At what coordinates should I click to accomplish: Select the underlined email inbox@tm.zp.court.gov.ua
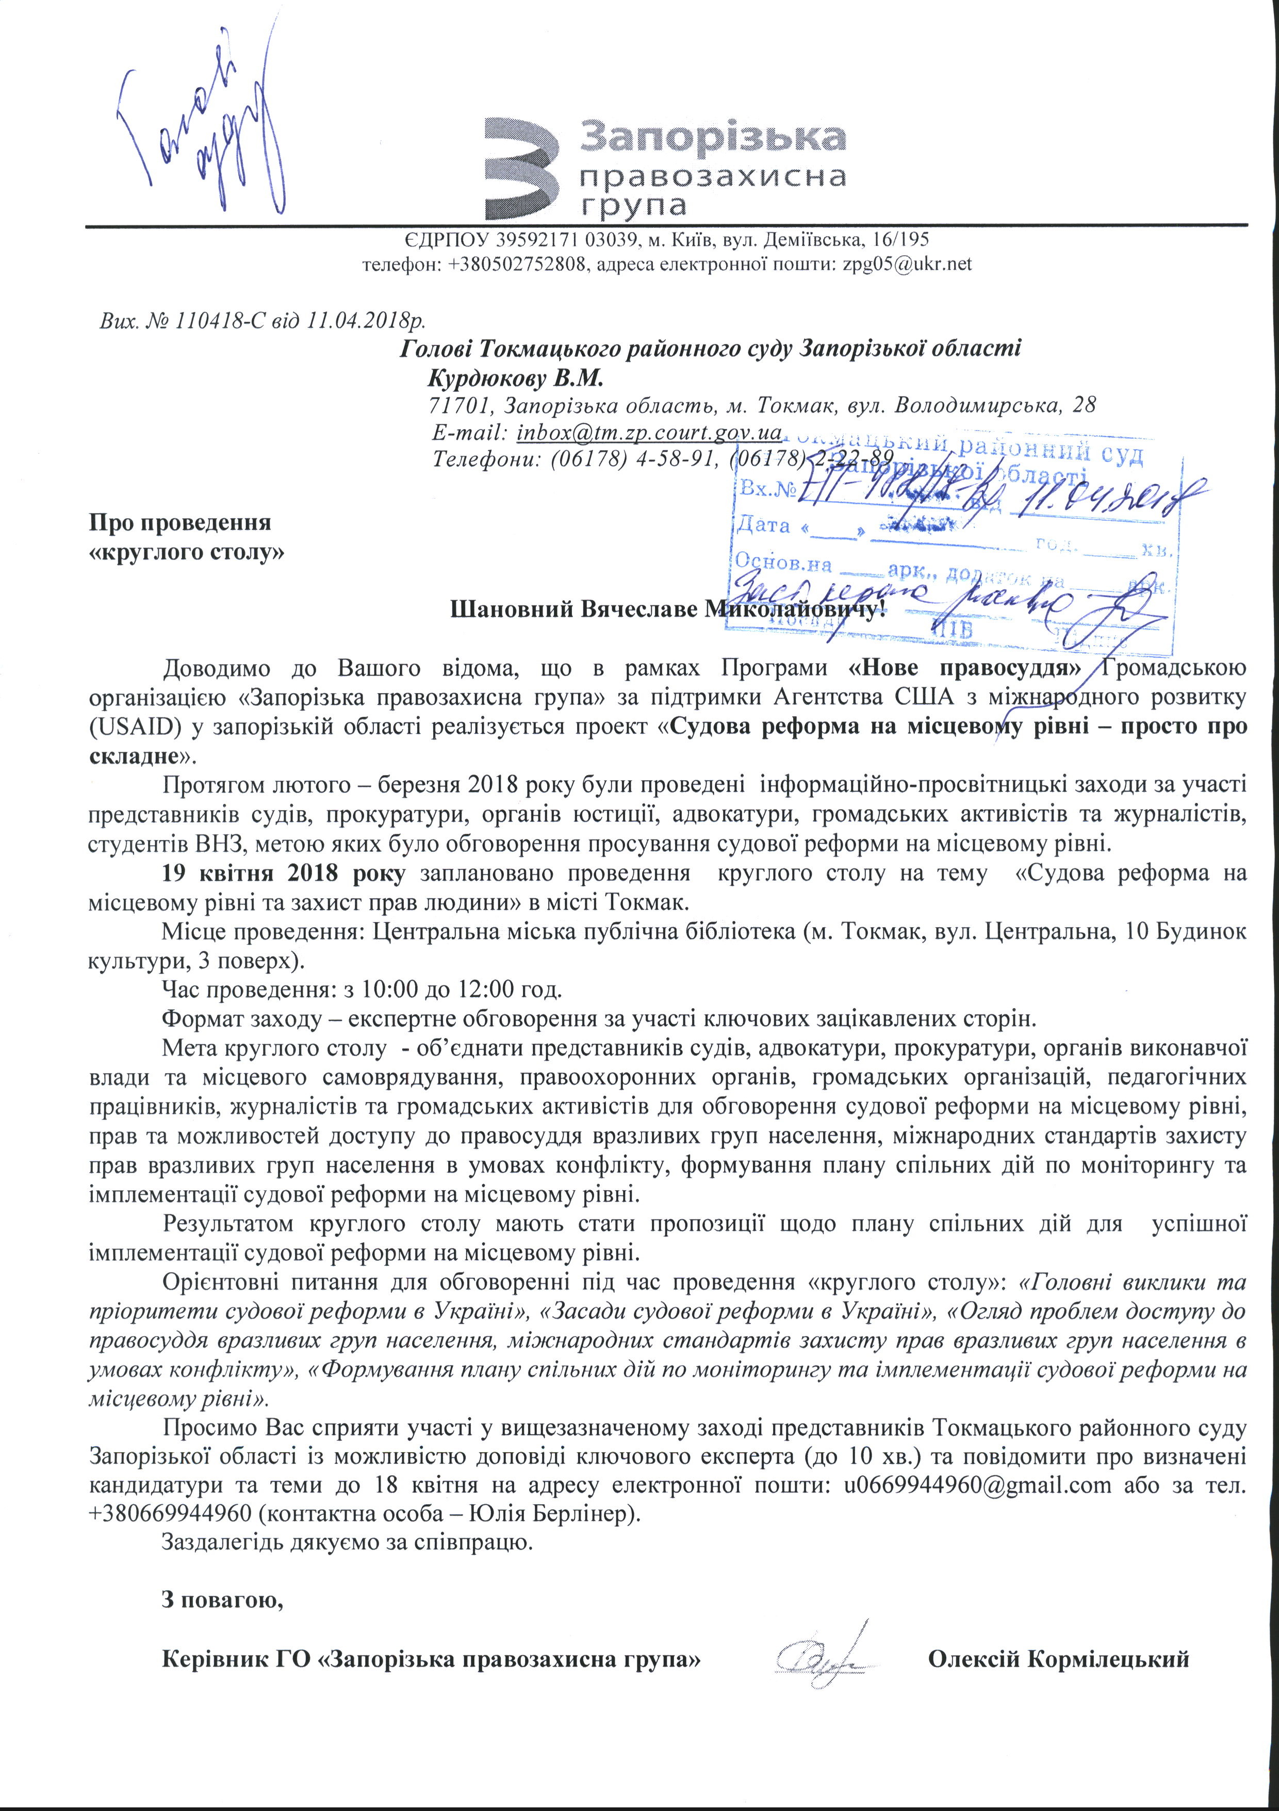pyautogui.click(x=649, y=432)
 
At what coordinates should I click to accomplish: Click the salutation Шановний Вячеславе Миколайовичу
pyautogui.click(x=663, y=609)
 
